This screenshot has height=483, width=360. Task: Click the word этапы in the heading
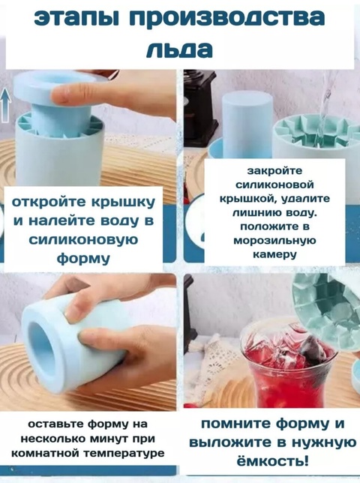point(73,19)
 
